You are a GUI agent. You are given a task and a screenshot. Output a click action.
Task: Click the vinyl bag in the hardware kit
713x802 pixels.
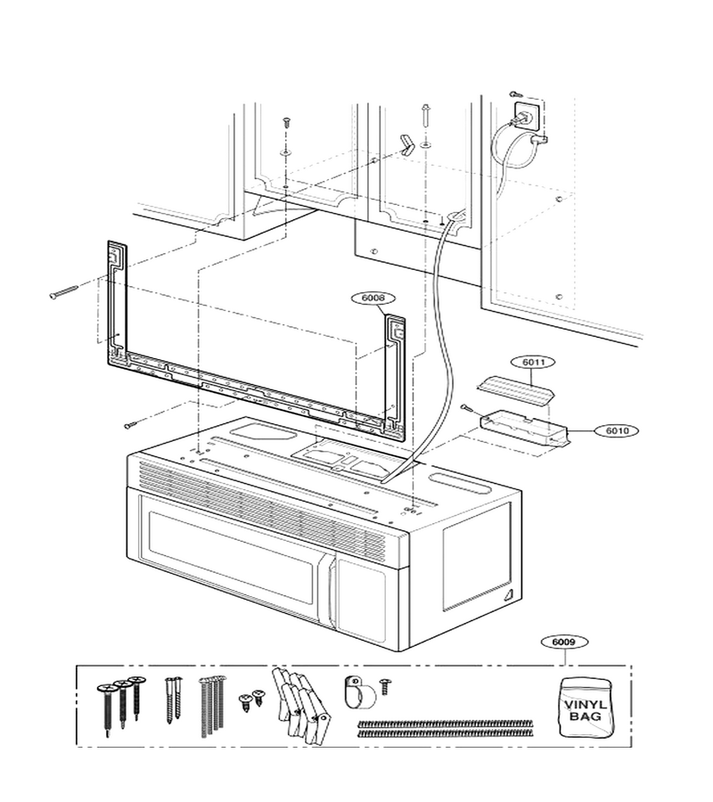(586, 708)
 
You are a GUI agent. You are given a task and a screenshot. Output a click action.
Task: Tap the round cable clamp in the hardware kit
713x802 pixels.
(359, 692)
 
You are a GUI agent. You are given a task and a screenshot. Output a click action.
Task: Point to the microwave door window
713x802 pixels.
(232, 558)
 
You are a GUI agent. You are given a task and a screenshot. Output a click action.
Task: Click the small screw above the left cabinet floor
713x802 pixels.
(287, 123)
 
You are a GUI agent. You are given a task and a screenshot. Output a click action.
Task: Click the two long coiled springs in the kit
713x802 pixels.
(446, 728)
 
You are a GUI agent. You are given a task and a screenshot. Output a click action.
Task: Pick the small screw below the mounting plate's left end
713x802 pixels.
(131, 424)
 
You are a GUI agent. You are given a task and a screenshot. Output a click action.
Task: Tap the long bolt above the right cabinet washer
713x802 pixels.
(424, 117)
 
